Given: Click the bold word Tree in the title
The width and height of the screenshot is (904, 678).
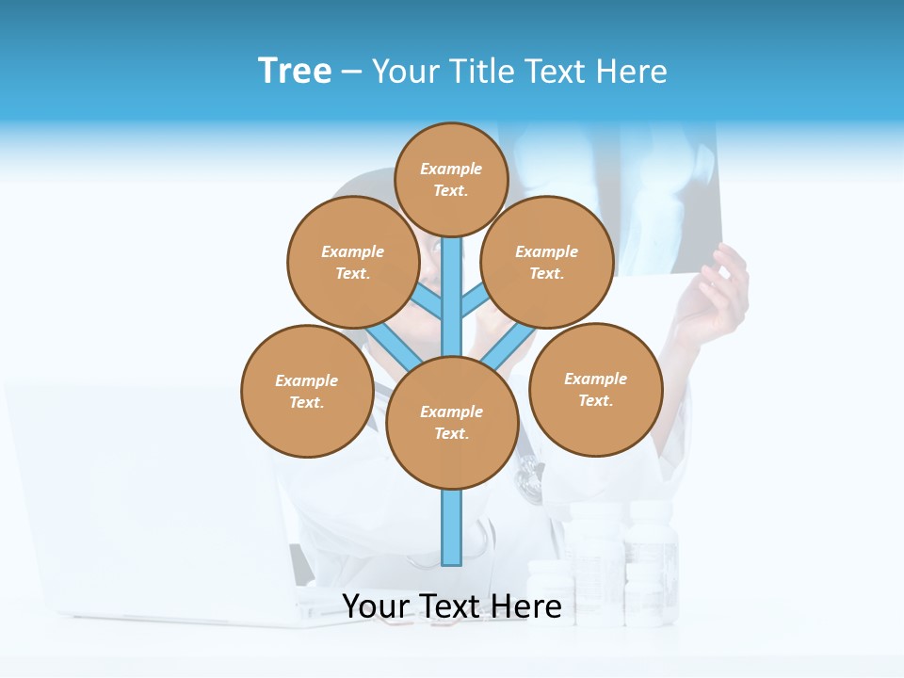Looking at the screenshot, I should [295, 71].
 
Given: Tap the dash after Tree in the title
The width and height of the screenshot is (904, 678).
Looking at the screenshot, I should [351, 73].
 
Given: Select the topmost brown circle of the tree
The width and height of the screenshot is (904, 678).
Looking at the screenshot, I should [451, 179].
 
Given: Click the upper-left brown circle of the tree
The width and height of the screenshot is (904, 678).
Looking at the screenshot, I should [353, 262].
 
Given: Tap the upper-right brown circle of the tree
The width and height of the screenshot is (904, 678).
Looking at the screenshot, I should [547, 262].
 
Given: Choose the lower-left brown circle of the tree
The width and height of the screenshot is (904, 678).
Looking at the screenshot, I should [307, 391].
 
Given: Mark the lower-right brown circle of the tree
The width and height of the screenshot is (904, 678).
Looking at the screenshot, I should [596, 389].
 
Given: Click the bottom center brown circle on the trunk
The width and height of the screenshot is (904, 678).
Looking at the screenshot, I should [452, 422].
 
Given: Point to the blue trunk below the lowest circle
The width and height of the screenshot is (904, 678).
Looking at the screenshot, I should [452, 527].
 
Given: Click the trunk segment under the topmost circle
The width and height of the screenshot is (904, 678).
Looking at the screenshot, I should [452, 282].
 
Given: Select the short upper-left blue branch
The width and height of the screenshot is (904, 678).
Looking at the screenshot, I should [426, 300].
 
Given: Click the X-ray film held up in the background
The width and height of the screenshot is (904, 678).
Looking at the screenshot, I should [659, 188].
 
